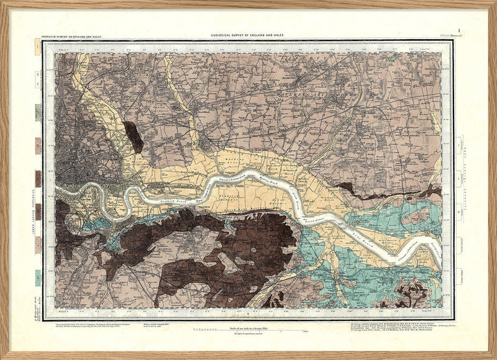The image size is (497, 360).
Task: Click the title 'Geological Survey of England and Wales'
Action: [248, 37]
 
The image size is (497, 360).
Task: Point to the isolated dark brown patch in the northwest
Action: [133, 136]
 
